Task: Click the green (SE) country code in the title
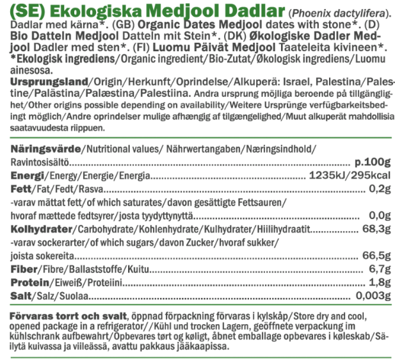point(27,12)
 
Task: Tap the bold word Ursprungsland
point(47,84)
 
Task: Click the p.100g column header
point(372,163)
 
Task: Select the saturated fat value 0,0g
point(380,215)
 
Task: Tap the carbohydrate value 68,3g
point(376,229)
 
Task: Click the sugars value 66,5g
point(376,256)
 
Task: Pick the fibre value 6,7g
point(380,269)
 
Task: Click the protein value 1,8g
point(380,282)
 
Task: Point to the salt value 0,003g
point(373,296)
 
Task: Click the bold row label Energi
point(26,176)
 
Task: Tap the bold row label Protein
point(29,282)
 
